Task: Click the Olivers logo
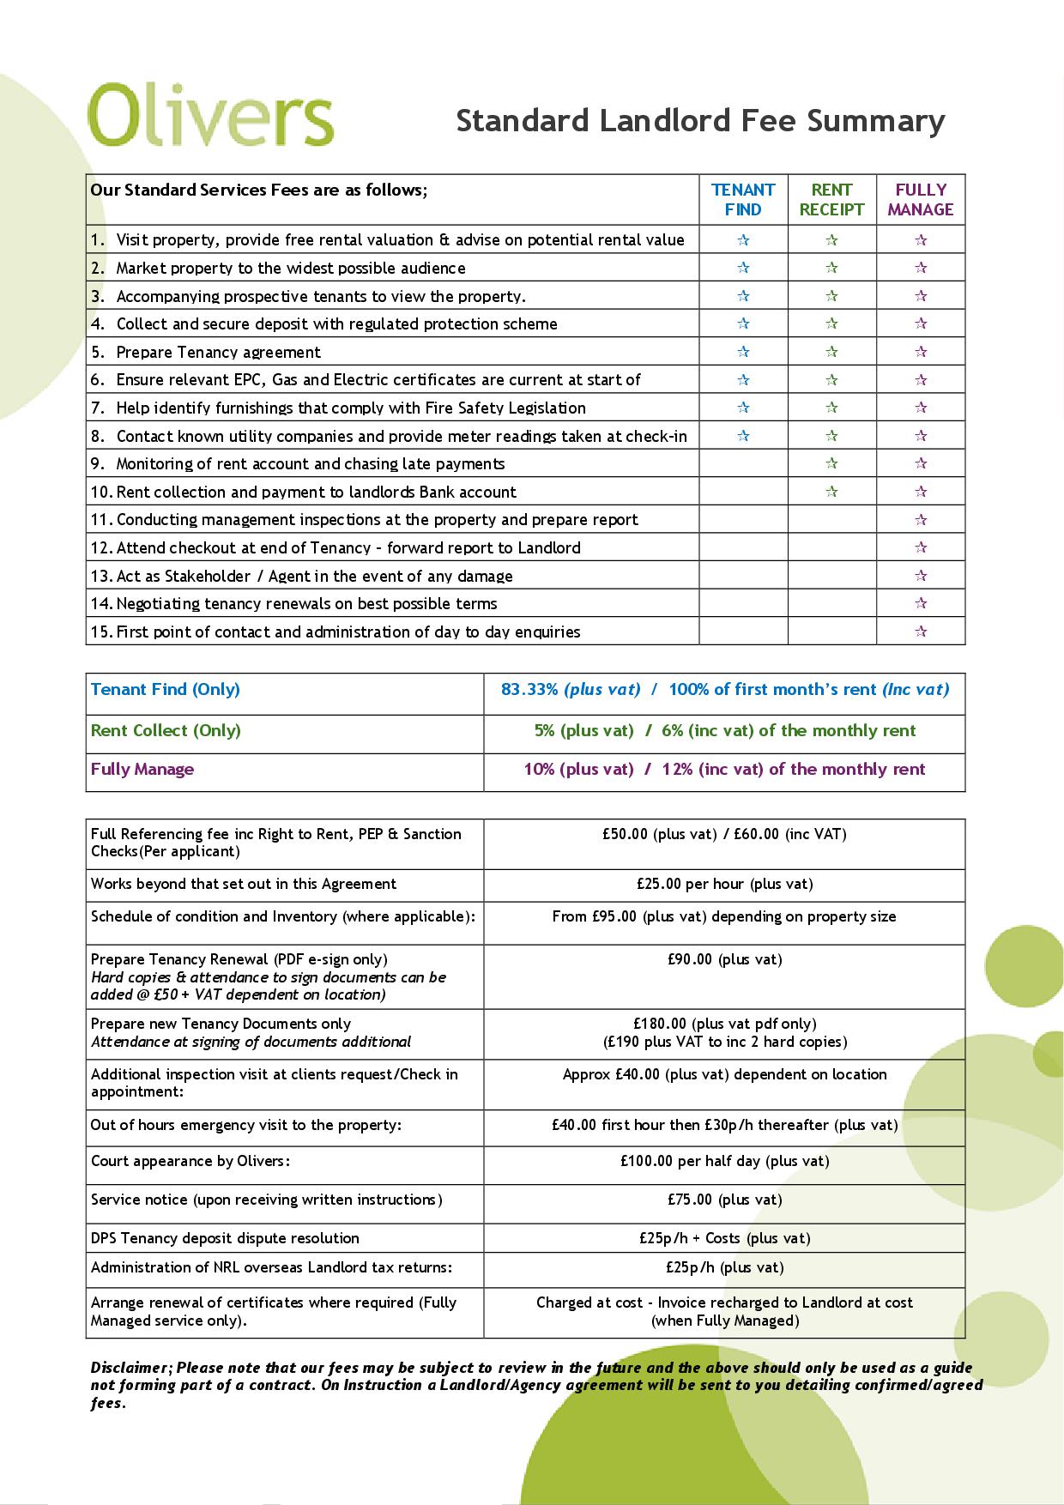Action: point(210,114)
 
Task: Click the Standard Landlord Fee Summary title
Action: point(700,121)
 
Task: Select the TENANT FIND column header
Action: point(743,200)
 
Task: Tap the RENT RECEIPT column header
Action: point(831,200)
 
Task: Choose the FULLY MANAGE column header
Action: point(921,200)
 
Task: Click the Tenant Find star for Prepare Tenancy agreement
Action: point(743,352)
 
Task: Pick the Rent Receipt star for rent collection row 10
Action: point(831,492)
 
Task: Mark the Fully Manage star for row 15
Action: point(921,632)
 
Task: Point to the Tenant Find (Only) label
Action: point(166,689)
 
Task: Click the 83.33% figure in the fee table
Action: point(529,689)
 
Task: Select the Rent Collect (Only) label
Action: point(166,730)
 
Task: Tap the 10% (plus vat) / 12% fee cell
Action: point(724,769)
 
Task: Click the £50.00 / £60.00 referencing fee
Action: point(724,834)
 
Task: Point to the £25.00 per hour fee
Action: point(724,884)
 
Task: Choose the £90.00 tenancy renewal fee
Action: point(724,959)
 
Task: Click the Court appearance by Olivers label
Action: point(190,1161)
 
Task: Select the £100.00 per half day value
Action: point(724,1161)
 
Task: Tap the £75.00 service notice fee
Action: point(724,1200)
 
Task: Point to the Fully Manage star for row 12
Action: point(921,547)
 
